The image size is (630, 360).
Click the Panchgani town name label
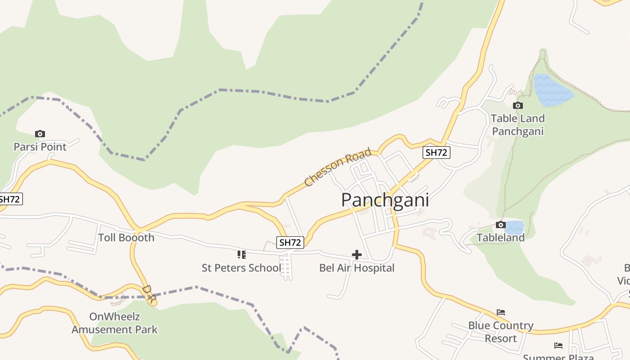[385, 200]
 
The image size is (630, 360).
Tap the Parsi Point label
[40, 147]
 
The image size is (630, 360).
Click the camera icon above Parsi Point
[40, 134]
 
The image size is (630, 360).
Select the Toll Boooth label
[126, 238]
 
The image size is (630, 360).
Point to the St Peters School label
[241, 268]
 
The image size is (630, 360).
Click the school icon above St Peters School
[242, 255]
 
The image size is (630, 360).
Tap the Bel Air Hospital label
[356, 268]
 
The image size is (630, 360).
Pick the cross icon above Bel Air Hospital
[357, 255]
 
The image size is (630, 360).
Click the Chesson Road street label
[338, 167]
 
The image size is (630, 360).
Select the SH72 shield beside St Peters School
[290, 242]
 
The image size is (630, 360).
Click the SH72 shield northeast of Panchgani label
[436, 153]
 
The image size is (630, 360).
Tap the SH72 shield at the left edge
[10, 199]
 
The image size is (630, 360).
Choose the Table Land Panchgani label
[517, 125]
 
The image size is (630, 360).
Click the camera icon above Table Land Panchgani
[518, 105]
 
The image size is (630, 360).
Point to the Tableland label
[500, 237]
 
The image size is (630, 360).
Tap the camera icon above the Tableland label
[500, 225]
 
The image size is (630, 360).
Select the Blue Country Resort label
[500, 332]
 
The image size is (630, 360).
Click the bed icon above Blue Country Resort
[501, 312]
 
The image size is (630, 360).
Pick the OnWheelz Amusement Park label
[114, 323]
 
